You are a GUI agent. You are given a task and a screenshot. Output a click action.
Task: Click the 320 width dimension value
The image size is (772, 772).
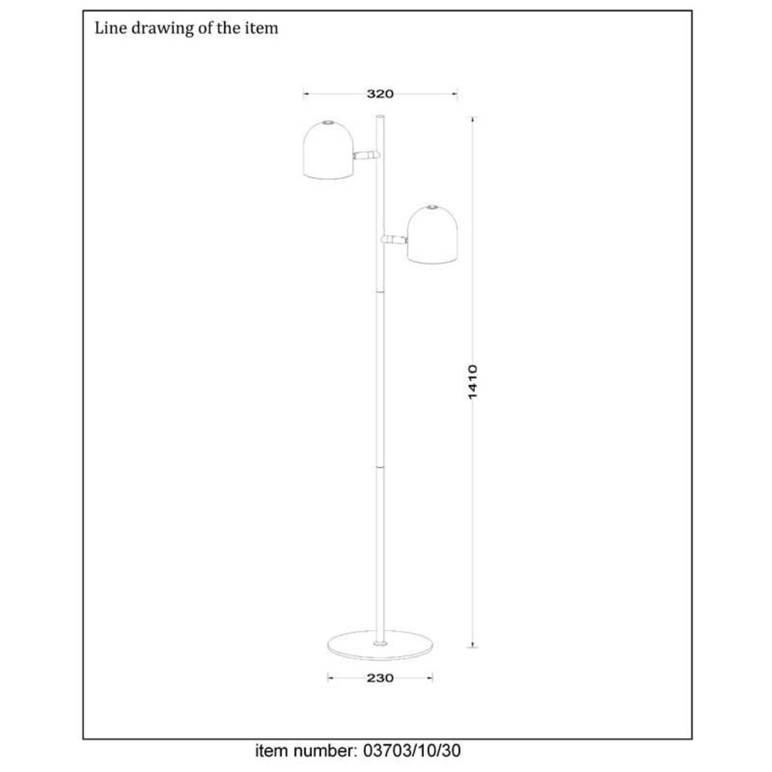click(380, 94)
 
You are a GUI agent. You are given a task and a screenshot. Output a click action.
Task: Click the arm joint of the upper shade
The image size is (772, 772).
click(367, 155)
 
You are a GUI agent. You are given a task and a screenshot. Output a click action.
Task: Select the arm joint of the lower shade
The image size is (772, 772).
click(394, 239)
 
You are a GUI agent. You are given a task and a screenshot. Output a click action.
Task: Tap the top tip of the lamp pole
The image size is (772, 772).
click(380, 117)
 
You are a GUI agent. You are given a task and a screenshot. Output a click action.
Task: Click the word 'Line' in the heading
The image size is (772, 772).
click(107, 29)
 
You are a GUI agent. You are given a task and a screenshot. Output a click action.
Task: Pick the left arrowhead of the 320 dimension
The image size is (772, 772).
click(306, 94)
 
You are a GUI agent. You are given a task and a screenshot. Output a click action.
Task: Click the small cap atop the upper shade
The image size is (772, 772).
click(327, 122)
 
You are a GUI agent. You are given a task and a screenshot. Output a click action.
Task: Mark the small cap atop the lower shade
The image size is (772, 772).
click(433, 207)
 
